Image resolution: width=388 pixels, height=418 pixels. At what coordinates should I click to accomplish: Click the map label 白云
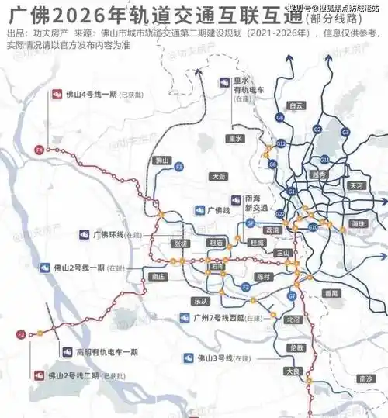point(295,105)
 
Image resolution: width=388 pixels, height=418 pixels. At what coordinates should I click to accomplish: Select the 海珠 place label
point(357,223)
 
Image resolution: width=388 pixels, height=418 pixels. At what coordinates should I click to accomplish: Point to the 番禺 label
point(333,292)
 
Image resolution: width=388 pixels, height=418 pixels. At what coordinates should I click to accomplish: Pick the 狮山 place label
point(162,161)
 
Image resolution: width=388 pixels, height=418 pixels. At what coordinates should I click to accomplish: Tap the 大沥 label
point(220,177)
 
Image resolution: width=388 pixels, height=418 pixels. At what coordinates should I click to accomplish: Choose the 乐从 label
point(202,301)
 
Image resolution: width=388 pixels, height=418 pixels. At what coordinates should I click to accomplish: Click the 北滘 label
point(293,319)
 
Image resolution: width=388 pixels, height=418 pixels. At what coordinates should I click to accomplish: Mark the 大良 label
point(292,372)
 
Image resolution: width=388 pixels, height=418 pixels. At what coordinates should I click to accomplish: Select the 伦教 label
point(295,348)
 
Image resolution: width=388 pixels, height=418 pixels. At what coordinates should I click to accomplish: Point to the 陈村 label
point(262,277)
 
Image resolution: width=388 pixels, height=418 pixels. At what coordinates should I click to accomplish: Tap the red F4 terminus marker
point(38,148)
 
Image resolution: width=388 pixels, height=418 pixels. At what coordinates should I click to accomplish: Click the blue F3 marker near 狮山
point(178,167)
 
